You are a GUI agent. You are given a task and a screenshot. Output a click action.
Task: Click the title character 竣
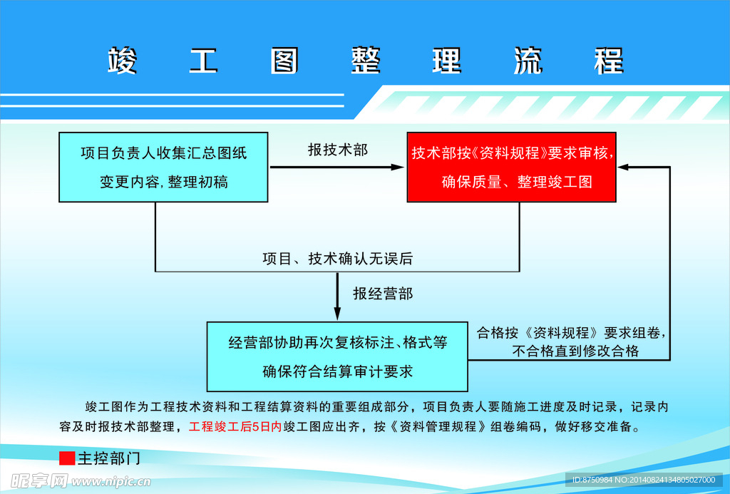123,61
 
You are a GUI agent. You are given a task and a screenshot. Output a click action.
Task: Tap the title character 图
284,61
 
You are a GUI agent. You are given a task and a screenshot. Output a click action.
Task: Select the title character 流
528,61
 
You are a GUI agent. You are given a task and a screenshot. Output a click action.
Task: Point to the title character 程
609,61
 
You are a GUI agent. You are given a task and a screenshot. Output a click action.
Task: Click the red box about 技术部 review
512,167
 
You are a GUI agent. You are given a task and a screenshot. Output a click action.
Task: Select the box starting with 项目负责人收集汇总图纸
163,167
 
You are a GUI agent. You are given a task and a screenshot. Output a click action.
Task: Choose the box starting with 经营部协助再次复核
337,356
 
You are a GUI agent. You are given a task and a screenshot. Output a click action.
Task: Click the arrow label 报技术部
337,150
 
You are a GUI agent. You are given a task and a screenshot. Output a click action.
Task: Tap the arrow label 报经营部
383,294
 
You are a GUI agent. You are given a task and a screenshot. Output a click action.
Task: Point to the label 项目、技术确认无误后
337,259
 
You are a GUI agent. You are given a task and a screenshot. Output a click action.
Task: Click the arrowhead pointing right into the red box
397,167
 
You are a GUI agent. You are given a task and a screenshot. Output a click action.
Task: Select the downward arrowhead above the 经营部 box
337,314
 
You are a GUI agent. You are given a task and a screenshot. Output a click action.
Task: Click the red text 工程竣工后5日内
235,426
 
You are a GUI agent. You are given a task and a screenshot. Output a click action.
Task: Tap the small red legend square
67,458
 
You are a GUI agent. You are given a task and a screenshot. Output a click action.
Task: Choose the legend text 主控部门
109,458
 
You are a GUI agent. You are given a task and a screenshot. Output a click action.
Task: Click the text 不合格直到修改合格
575,351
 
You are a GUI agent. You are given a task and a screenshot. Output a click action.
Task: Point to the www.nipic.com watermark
110,481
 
